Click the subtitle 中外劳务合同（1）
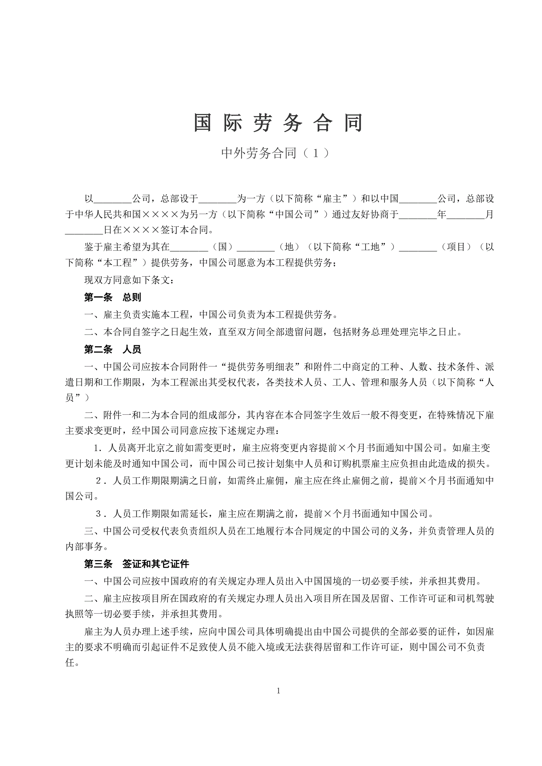click(x=275, y=153)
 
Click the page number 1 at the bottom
click(x=278, y=691)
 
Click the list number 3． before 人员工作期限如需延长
click(x=101, y=514)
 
